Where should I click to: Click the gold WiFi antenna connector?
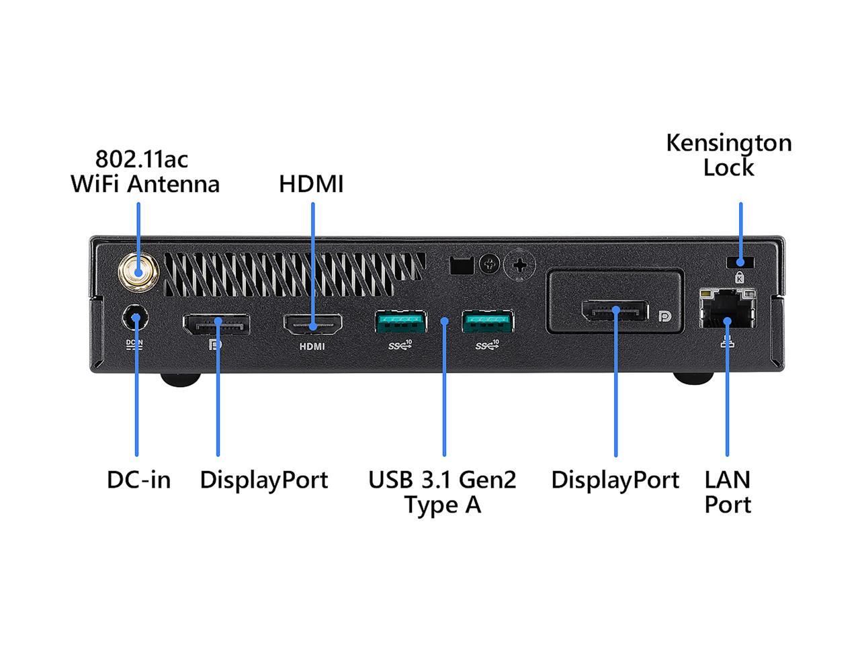138,272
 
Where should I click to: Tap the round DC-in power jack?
135,318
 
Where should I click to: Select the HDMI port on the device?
312,325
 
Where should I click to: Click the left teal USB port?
400,322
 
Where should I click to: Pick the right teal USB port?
487,322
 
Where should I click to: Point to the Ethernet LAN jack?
727,308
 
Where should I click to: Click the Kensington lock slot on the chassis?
740,263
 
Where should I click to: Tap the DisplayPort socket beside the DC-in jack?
216,325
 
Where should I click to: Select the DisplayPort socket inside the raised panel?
615,310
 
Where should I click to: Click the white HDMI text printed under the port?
312,347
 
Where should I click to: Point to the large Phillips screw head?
519,266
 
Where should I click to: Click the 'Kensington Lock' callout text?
729,155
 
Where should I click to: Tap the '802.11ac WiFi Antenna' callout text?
145,171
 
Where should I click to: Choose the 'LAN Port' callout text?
728,492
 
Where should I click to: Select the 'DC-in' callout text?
138,480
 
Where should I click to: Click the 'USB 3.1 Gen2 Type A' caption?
442,492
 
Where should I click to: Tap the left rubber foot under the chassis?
181,379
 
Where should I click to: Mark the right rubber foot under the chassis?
693,378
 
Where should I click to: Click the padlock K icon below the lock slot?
739,277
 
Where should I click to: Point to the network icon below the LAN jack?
727,341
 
